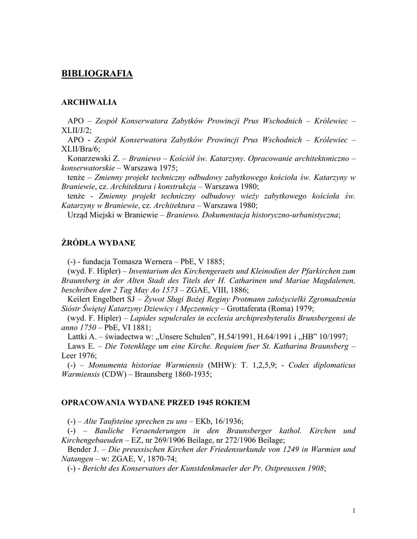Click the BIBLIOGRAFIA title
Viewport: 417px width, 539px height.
(97, 74)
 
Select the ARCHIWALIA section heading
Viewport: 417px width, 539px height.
(89, 102)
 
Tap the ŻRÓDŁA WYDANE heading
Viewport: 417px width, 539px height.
(99, 243)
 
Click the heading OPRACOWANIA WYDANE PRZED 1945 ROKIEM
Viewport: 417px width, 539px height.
(156, 402)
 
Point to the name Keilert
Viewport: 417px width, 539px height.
(80, 299)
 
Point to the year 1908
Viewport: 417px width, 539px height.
(314, 468)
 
